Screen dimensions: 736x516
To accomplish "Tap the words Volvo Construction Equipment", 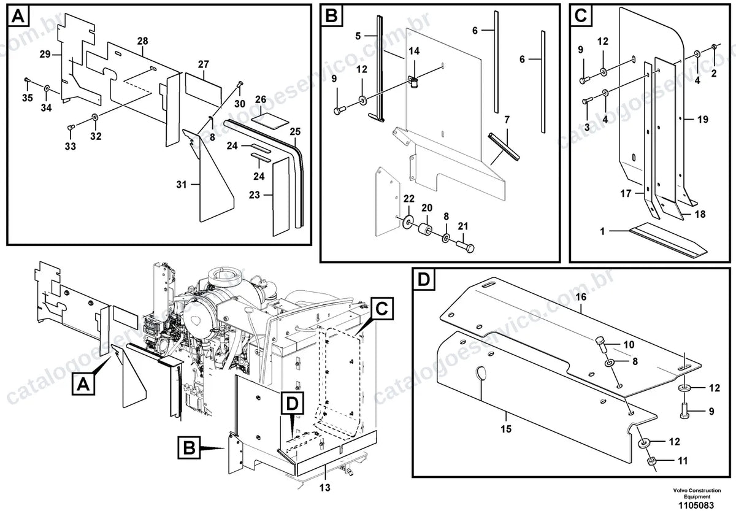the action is (x=697, y=493).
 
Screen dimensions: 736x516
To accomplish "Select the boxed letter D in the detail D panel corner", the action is (x=424, y=280).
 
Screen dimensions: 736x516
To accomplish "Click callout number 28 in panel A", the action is (x=142, y=41).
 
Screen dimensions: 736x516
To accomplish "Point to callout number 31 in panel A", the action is (x=182, y=185).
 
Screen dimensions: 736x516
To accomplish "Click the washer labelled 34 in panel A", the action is (x=47, y=88).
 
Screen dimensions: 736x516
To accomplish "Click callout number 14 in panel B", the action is (x=414, y=51).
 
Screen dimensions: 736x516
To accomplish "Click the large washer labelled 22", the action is (x=408, y=221).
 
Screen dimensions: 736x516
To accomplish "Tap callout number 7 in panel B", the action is (x=507, y=120).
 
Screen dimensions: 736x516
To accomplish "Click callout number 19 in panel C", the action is (x=702, y=119).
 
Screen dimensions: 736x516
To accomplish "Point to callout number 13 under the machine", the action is (x=324, y=488).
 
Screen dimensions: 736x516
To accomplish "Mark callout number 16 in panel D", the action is (x=581, y=297).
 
